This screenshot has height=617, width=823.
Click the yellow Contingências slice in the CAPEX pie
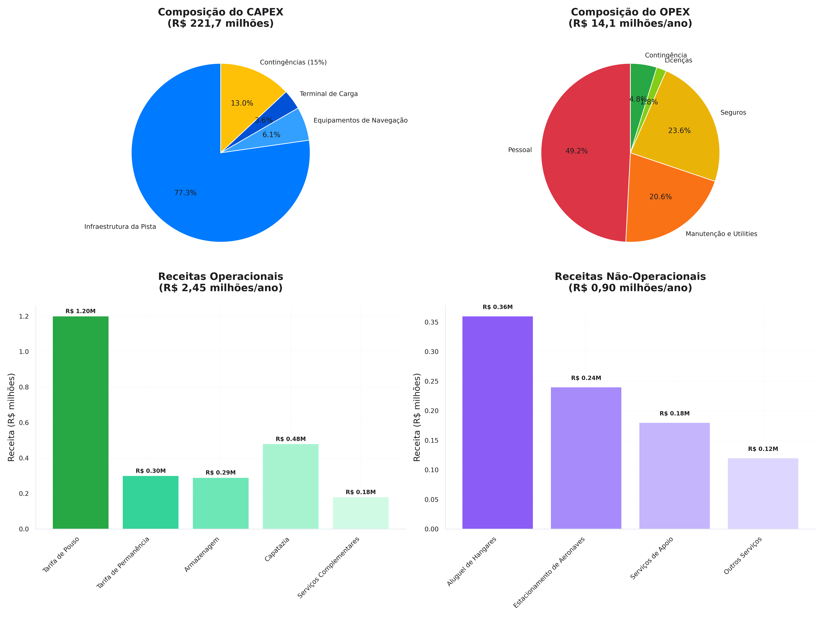pos(246,89)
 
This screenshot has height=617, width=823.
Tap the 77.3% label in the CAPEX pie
pos(185,193)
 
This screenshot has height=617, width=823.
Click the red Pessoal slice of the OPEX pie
pos(580,167)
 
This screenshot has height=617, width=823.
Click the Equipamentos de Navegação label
pos(360,120)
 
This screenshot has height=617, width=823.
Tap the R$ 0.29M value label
pos(221,473)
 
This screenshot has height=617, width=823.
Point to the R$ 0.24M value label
pos(586,378)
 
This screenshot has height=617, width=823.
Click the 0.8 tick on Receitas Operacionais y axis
pos(24,387)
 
